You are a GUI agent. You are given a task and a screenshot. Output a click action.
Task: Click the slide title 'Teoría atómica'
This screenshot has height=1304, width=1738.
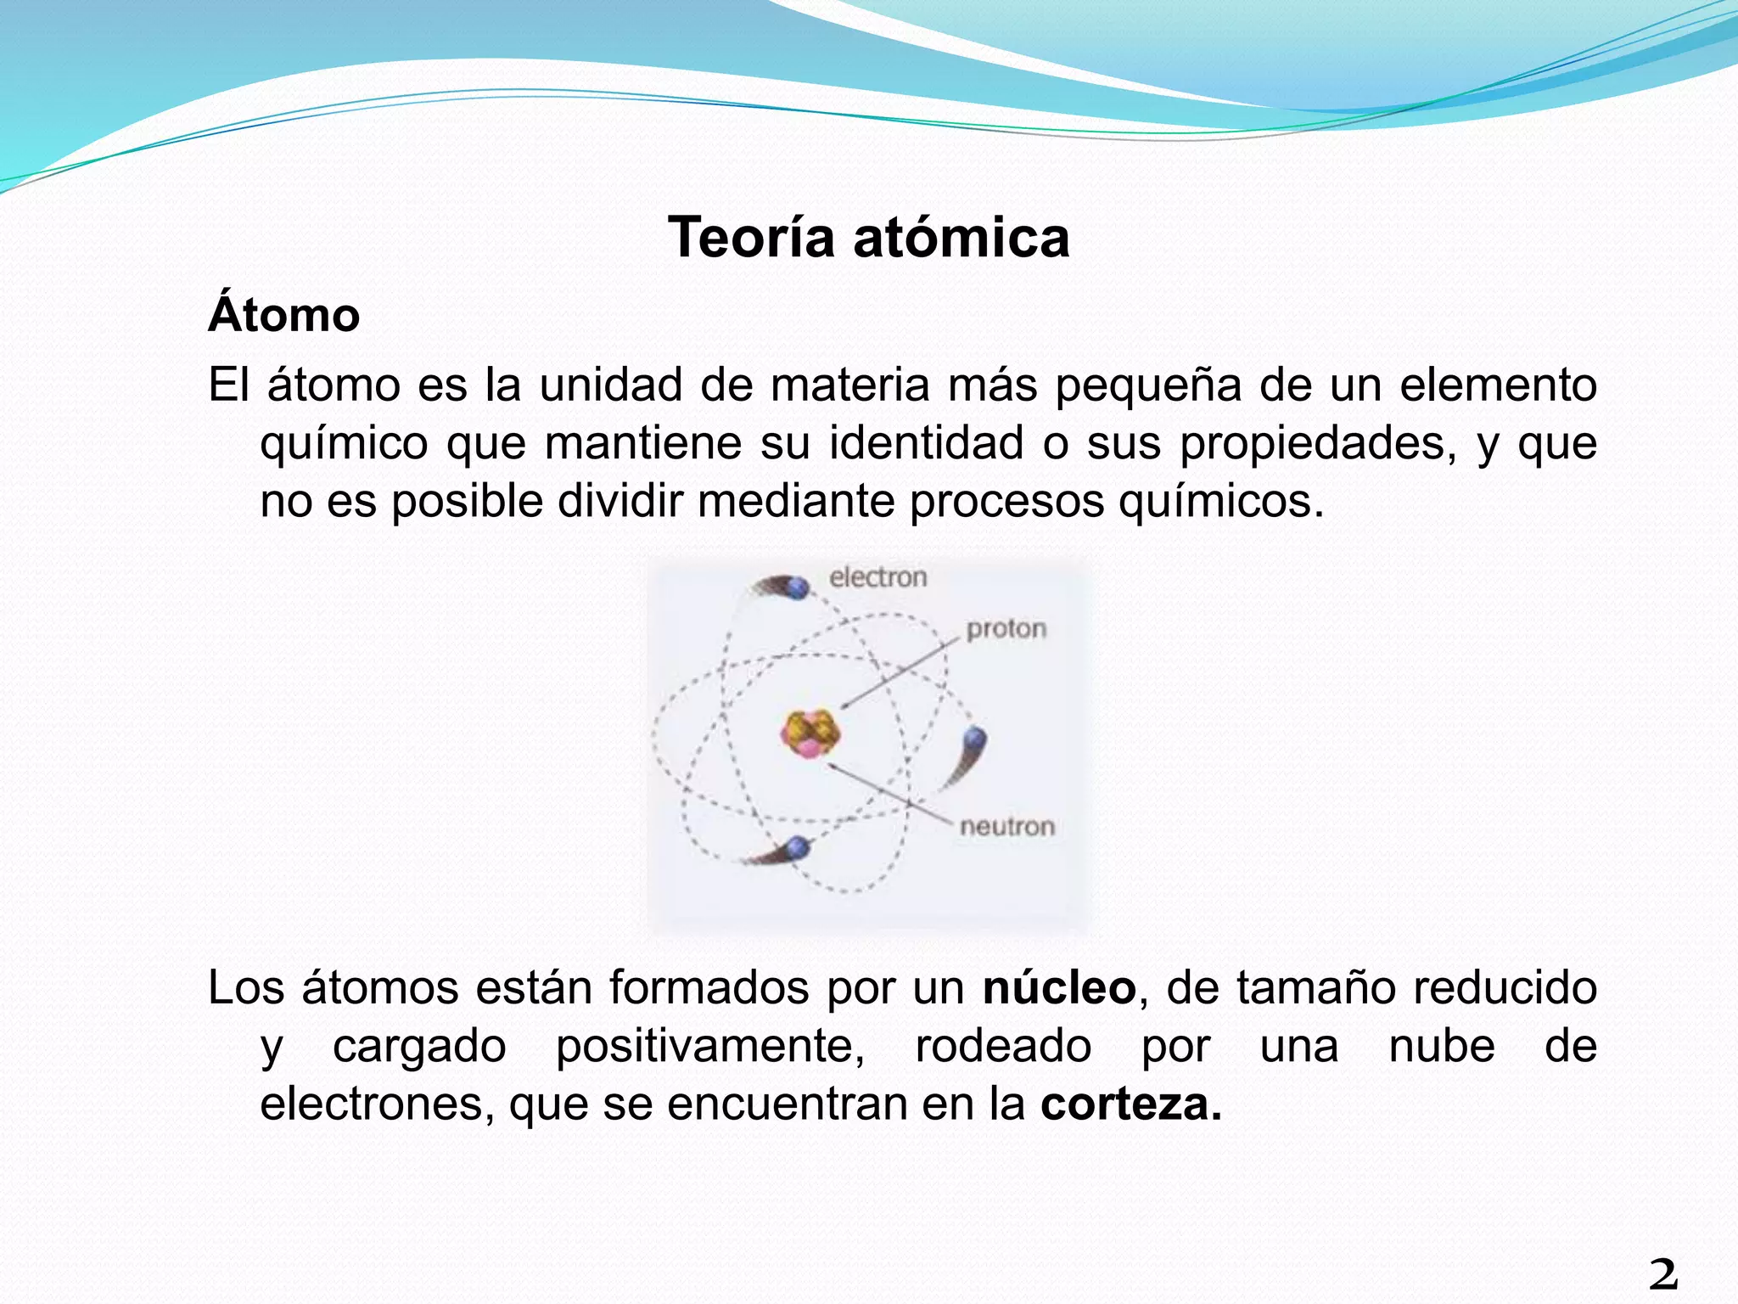868,238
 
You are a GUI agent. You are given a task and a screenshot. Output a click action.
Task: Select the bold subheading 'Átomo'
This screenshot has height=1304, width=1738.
284,315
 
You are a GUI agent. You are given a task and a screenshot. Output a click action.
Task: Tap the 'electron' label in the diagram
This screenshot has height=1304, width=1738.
877,578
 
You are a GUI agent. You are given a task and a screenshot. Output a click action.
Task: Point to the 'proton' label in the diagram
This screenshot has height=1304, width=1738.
1006,629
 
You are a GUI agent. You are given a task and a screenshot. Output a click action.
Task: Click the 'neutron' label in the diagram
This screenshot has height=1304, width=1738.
1006,826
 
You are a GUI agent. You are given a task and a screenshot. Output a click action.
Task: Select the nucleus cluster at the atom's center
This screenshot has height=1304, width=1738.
810,733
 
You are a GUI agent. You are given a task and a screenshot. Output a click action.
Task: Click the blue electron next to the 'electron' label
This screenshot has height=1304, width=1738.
798,587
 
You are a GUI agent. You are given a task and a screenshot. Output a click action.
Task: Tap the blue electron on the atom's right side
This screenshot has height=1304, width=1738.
976,737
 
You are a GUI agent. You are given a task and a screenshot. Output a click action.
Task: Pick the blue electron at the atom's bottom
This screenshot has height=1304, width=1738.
798,846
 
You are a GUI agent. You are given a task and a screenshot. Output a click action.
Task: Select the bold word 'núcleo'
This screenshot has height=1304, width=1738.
1059,988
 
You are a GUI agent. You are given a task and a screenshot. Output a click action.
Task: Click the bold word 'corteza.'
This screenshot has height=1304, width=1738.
1131,1104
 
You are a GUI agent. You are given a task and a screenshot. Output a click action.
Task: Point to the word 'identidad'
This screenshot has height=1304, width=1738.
926,443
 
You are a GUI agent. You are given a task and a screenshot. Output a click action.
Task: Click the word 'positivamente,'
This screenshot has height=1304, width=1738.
710,1046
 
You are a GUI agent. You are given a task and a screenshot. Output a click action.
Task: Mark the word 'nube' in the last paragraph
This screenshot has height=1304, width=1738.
1442,1046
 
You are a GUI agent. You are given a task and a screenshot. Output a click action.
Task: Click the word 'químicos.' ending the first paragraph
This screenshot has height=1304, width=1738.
1220,501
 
